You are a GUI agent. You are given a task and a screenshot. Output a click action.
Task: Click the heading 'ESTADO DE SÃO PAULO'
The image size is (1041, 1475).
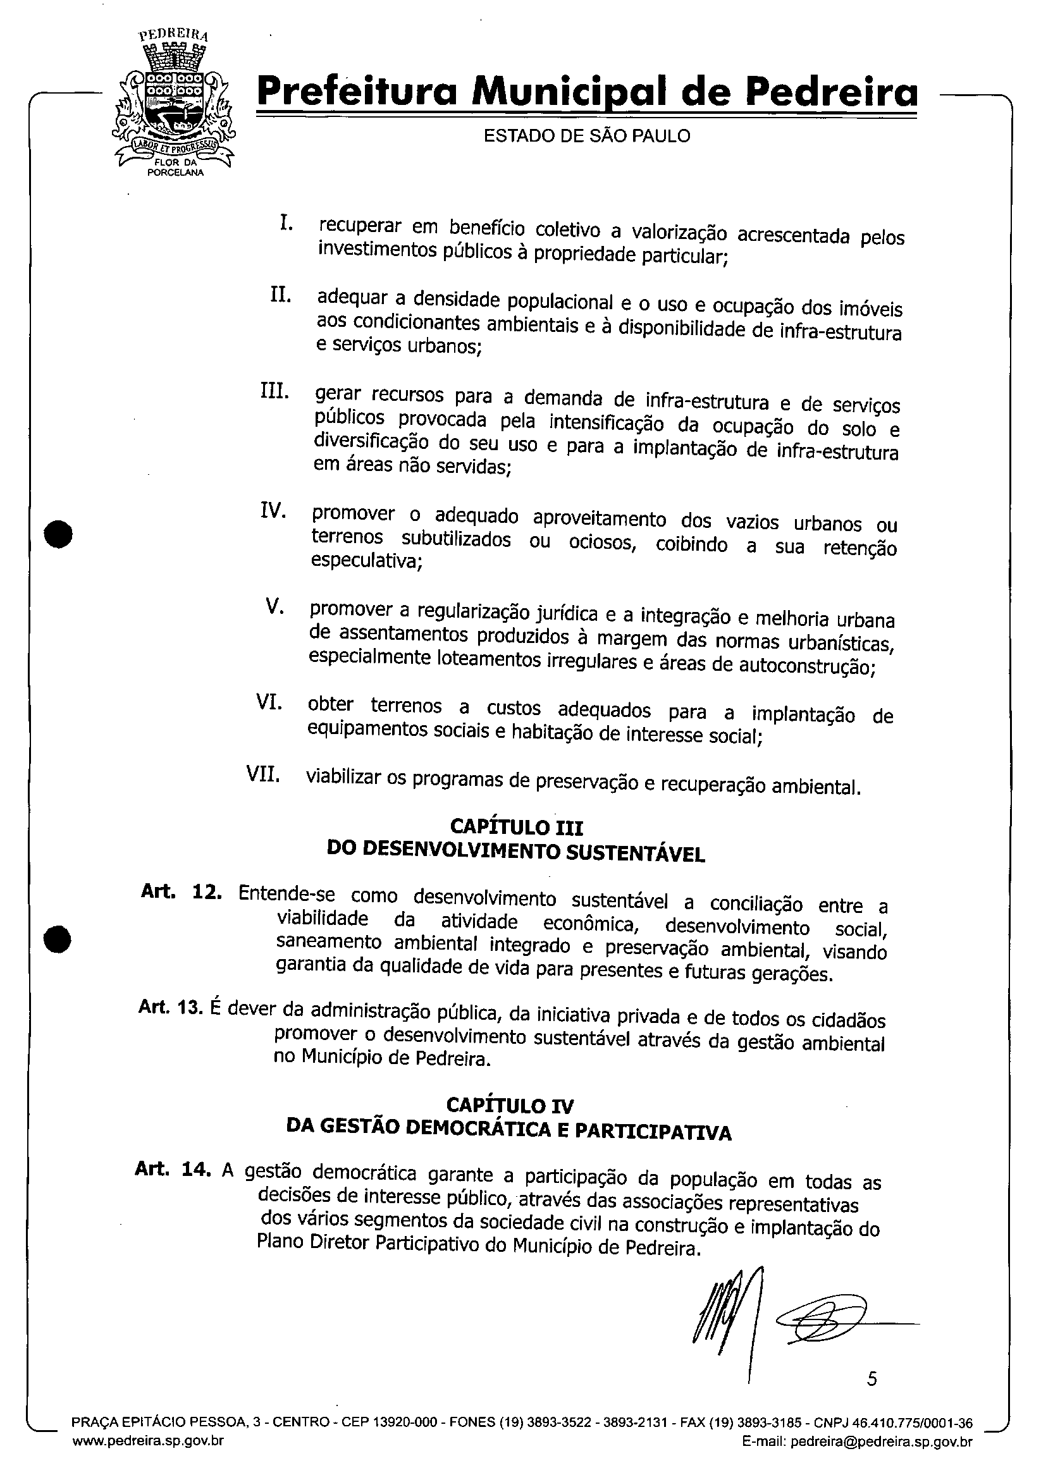(586, 136)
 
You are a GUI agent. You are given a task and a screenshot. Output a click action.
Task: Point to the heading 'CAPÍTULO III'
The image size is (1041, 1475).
(516, 826)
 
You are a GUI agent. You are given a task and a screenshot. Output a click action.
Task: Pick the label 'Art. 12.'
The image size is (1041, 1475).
(182, 892)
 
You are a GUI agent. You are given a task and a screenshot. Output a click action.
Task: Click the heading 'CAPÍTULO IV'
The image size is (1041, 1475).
(510, 1105)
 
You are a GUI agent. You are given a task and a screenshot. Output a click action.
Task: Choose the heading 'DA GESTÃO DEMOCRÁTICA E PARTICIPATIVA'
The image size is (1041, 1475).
(508, 1129)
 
